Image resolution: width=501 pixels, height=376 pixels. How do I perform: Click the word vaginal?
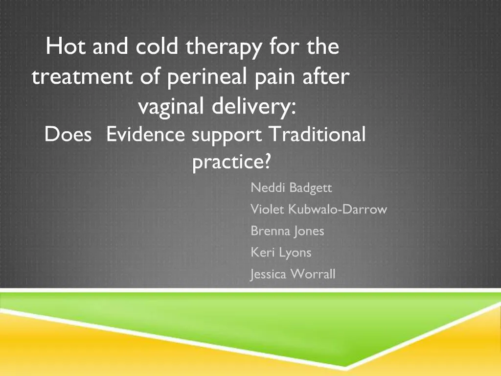tap(170, 107)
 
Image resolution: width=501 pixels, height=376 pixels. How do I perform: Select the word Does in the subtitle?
tap(68, 134)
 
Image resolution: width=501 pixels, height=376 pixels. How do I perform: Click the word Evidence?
tap(146, 134)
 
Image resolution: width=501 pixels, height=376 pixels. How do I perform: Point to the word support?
tap(227, 135)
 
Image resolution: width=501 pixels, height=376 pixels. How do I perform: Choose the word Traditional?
tap(318, 134)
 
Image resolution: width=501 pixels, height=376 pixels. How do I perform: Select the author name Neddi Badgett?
tap(292, 188)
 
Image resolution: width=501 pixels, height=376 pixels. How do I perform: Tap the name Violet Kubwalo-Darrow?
tap(319, 210)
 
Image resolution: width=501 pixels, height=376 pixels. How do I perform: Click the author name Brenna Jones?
tap(287, 231)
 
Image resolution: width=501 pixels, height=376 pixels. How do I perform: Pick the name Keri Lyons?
tap(281, 253)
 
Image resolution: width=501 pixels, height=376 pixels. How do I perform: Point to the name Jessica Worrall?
tap(293, 274)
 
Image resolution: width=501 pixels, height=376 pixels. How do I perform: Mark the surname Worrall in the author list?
tap(313, 274)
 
